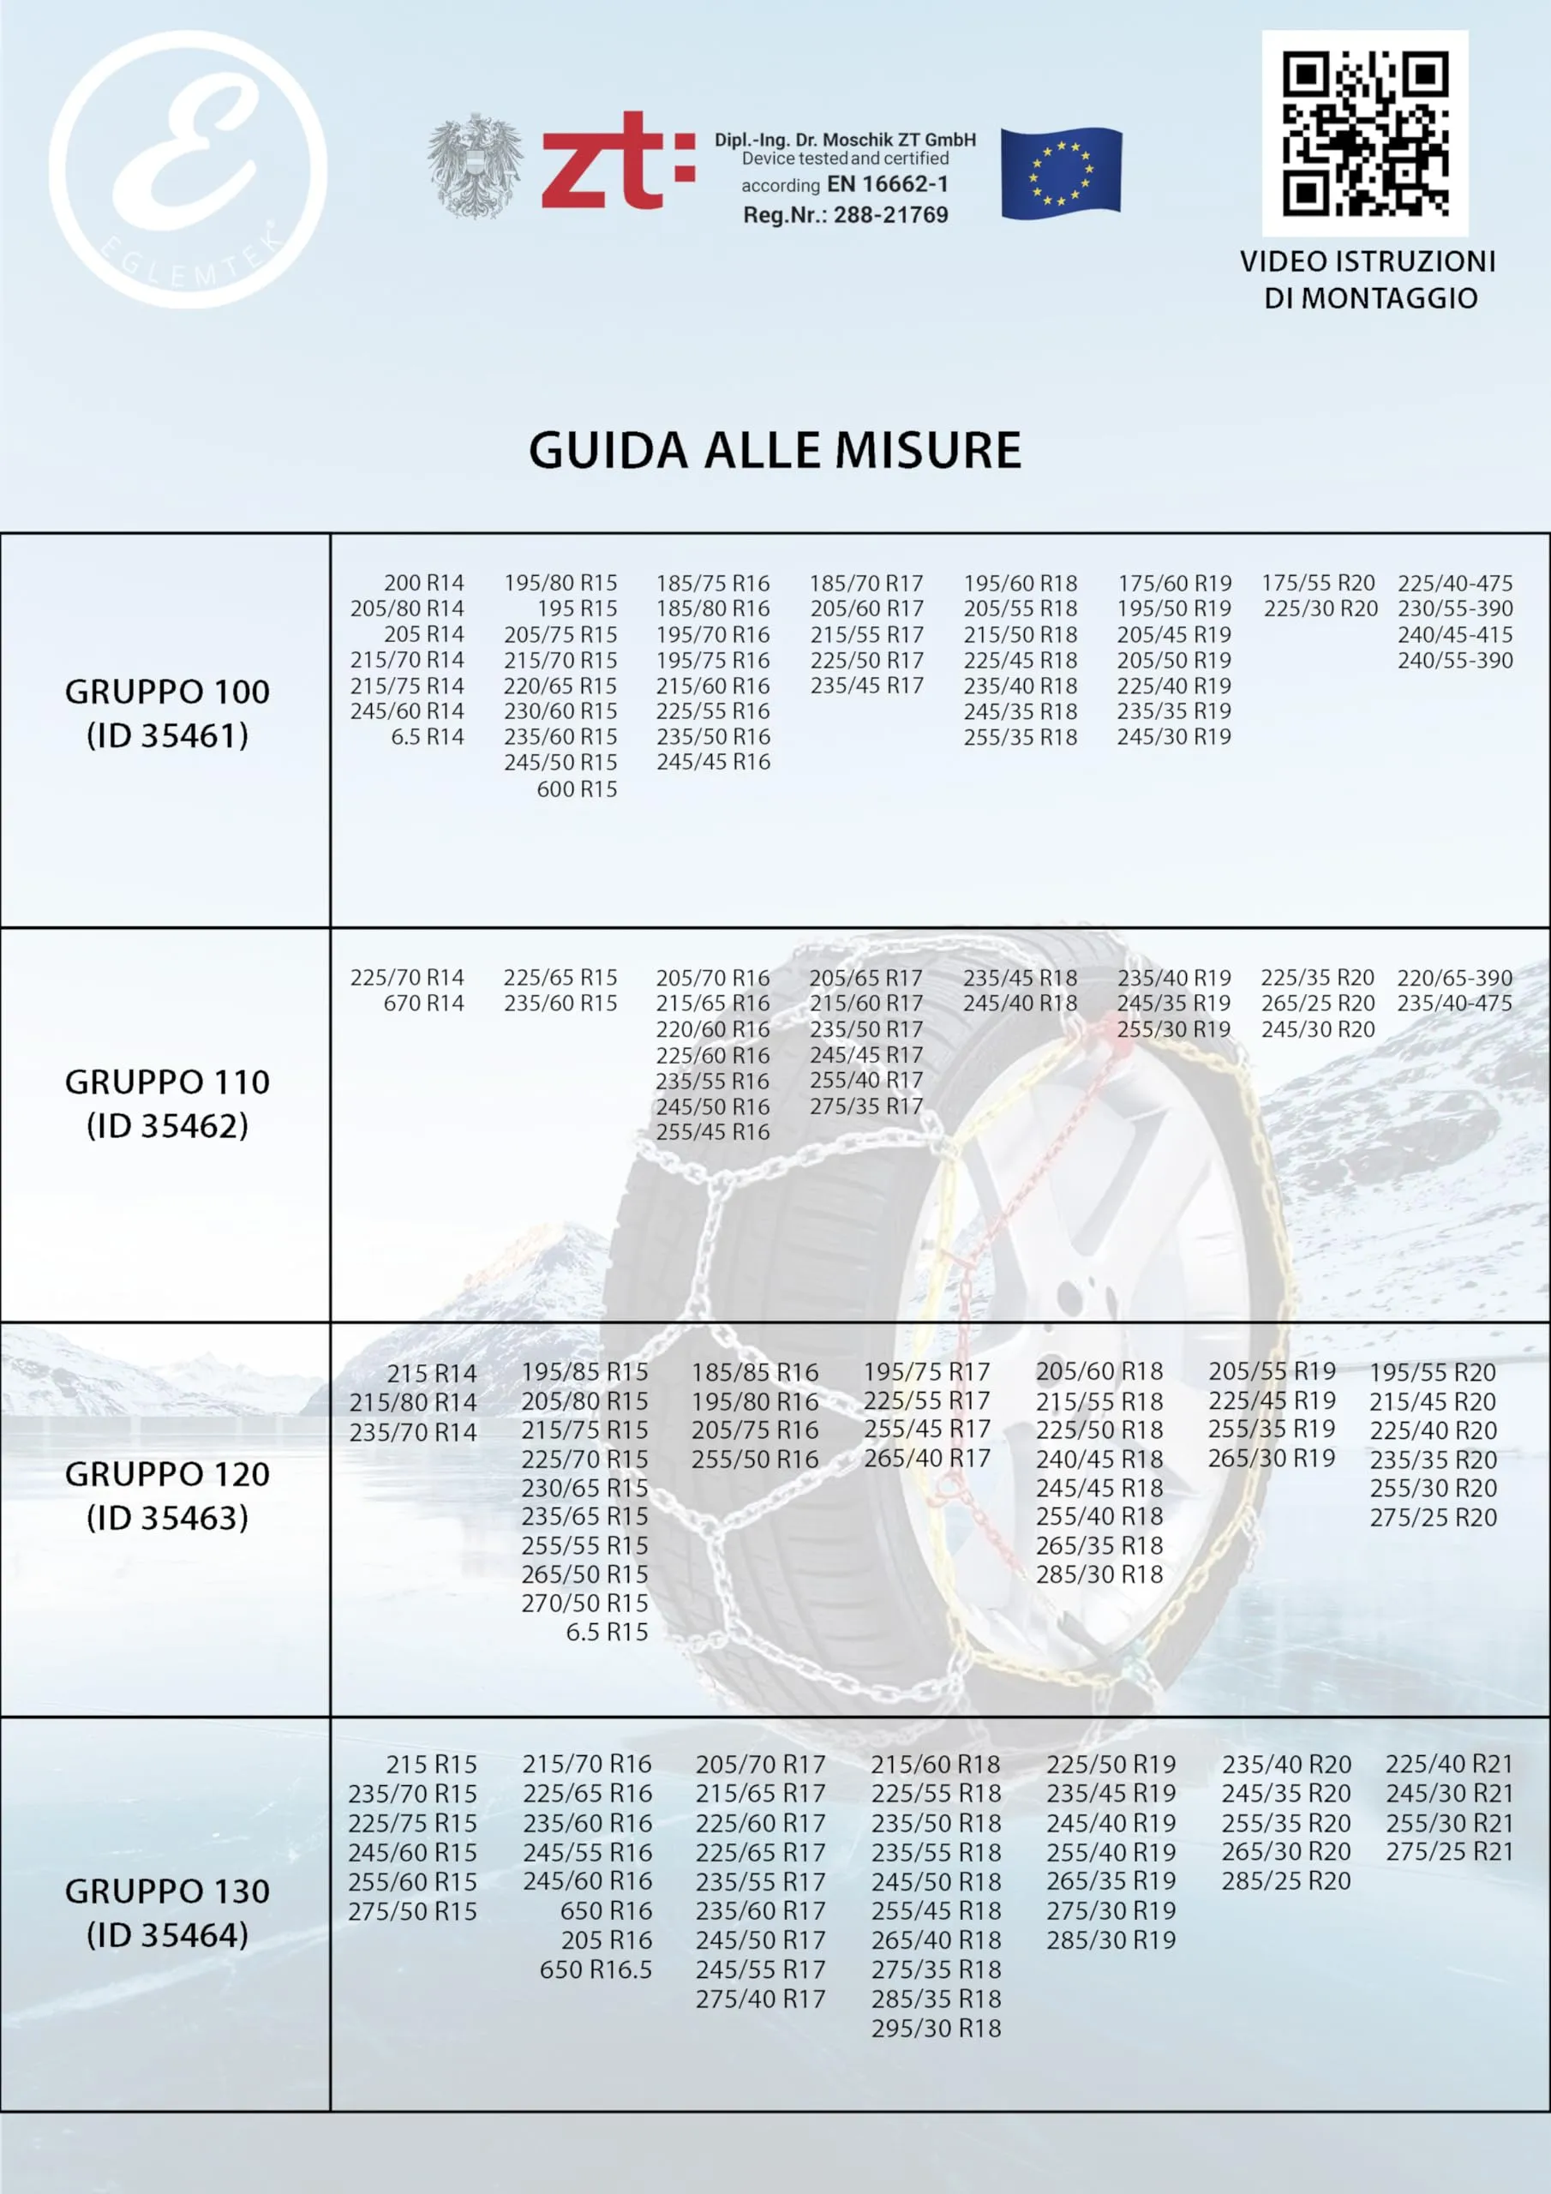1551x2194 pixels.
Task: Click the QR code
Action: [x=1365, y=133]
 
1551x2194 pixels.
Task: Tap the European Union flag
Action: [x=1061, y=173]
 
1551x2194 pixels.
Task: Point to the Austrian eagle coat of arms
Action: [x=474, y=165]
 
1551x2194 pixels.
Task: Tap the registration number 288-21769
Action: [x=890, y=215]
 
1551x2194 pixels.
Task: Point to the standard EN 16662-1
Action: [x=887, y=184]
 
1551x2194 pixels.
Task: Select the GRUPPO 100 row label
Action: [x=167, y=692]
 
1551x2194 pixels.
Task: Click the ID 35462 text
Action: [x=167, y=1125]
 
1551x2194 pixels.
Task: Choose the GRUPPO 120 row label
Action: [x=167, y=1473]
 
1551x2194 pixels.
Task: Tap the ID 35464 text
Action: [x=167, y=1935]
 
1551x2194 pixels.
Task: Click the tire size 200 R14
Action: [x=423, y=583]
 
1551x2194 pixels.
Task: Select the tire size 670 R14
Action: [x=423, y=1004]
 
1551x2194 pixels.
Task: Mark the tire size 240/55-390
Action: [x=1454, y=660]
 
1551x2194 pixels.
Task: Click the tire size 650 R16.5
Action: [x=596, y=1969]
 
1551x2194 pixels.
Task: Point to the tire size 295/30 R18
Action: [x=936, y=2028]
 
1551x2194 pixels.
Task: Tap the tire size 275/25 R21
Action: [x=1449, y=1851]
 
